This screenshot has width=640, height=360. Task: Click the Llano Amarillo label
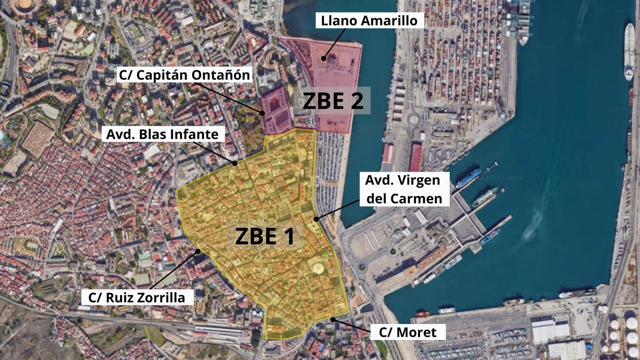(369, 21)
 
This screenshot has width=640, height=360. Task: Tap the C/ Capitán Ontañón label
(184, 75)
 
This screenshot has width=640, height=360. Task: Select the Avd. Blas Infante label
(162, 134)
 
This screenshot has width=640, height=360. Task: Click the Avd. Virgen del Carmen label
(404, 189)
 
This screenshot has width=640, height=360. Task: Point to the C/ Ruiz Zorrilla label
(137, 298)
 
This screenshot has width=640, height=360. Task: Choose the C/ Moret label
(408, 332)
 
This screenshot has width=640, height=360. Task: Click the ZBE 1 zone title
(265, 236)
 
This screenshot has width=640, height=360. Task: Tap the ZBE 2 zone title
(332, 101)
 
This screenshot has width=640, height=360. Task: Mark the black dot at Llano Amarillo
(324, 58)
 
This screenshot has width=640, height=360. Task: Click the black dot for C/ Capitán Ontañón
(263, 113)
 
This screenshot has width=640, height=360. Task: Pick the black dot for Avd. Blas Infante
(235, 163)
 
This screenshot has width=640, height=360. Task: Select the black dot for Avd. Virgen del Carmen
(316, 219)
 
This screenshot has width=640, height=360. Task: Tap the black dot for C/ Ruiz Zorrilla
(198, 251)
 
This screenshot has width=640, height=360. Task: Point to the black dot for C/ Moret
(332, 319)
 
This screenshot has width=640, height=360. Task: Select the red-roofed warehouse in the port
(415, 157)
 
